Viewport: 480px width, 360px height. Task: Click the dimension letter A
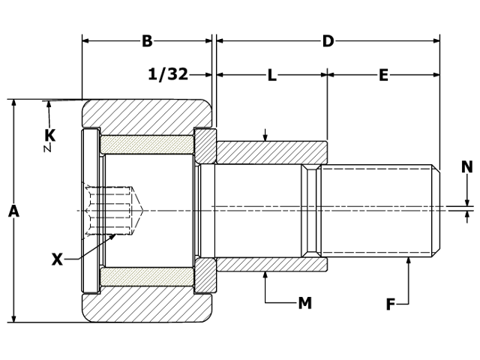click(x=13, y=212)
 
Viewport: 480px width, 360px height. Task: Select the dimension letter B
click(x=147, y=41)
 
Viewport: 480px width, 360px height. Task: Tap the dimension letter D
click(x=328, y=41)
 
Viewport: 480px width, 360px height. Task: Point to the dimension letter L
click(x=271, y=75)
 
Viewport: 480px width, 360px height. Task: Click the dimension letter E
click(x=383, y=75)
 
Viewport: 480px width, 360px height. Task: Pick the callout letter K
click(x=49, y=135)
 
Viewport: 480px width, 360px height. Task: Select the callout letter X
click(x=56, y=259)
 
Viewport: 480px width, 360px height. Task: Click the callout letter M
click(x=304, y=303)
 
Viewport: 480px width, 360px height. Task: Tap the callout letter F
click(x=390, y=304)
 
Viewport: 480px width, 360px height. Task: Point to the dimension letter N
click(x=466, y=168)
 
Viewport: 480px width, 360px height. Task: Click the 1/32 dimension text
click(x=168, y=74)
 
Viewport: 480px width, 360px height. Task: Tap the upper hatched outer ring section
click(x=146, y=113)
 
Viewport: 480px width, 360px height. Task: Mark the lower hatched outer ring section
click(x=146, y=307)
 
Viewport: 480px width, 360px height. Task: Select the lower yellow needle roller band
click(x=146, y=277)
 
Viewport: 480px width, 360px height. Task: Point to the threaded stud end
click(x=379, y=211)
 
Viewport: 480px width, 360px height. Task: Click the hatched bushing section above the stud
click(x=271, y=152)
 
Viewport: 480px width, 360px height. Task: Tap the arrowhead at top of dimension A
click(x=13, y=103)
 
